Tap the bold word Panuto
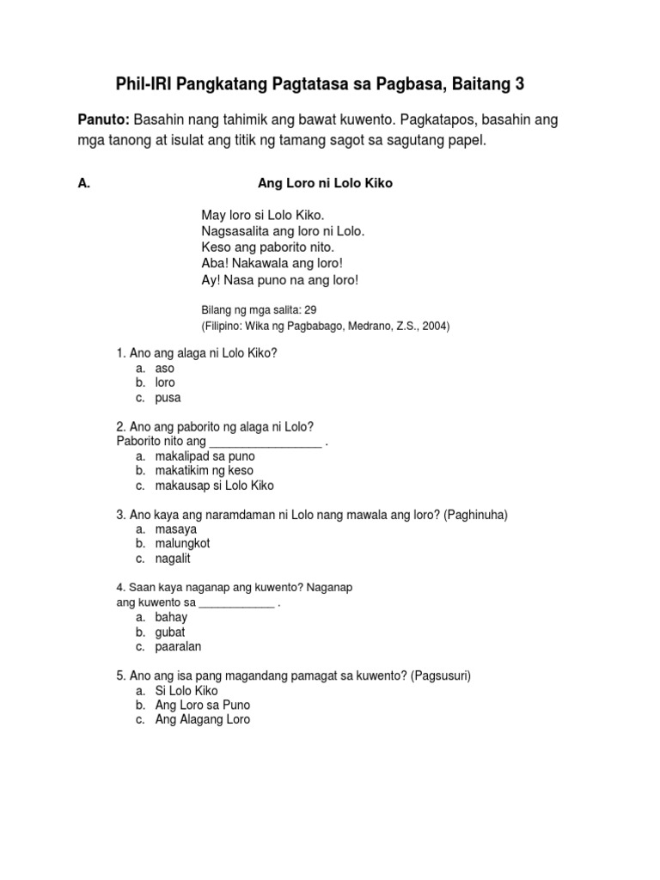pos(103,121)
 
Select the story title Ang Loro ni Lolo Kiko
pos(325,184)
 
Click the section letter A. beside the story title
pos(83,184)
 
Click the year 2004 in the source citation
pos(435,326)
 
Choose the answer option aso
pos(164,368)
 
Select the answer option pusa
pos(168,398)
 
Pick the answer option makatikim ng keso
pos(204,471)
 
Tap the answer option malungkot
pos(182,543)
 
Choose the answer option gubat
pos(170,632)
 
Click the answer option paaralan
pos(178,646)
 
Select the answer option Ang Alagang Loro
pos(202,719)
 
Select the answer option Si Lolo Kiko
pos(186,690)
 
